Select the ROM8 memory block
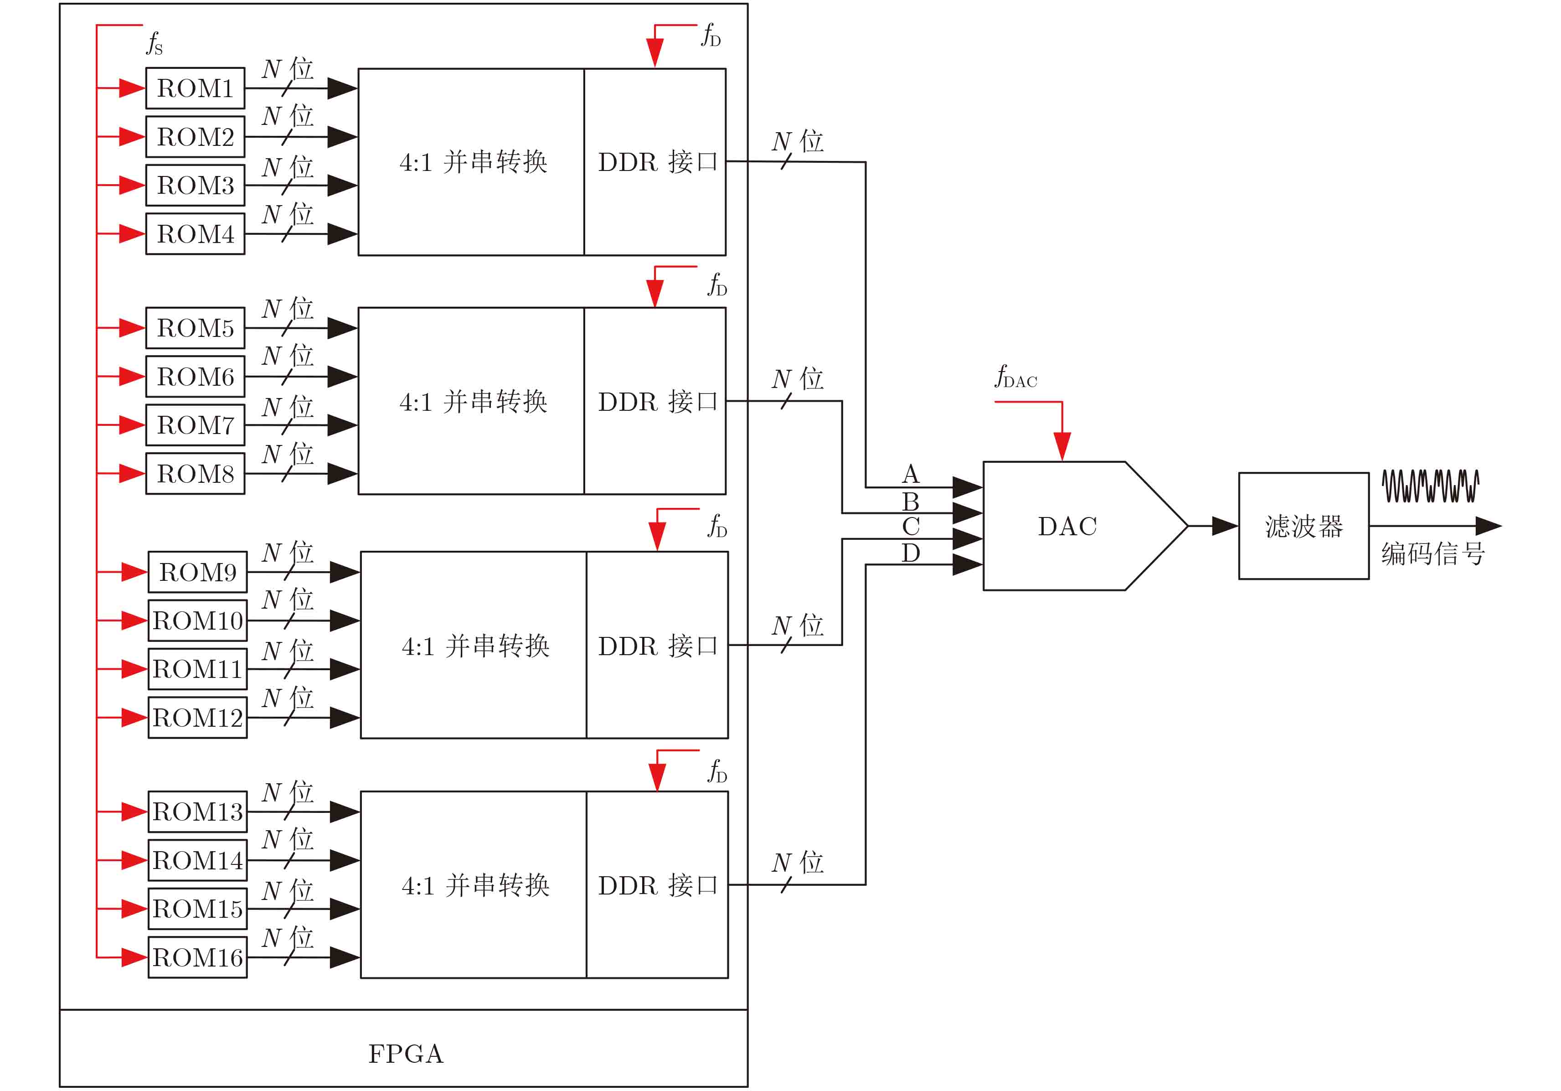point(195,473)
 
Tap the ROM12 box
point(197,718)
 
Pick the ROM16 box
point(197,958)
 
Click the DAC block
point(1067,526)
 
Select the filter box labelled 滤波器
point(1303,526)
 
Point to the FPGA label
point(406,1054)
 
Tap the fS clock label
point(155,43)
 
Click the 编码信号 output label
point(1432,553)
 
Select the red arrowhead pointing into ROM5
point(132,328)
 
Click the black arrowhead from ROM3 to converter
point(342,185)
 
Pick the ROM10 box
point(197,620)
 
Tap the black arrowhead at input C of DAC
point(967,539)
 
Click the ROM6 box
point(195,376)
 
